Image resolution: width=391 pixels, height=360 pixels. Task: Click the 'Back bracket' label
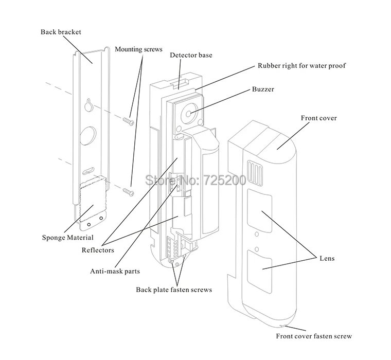(61, 32)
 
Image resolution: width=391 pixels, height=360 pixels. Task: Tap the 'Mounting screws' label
(138, 49)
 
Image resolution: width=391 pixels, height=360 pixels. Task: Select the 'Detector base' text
(191, 55)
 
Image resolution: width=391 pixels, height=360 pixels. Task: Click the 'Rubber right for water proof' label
(301, 65)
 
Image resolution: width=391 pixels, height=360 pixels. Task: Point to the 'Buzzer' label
(263, 89)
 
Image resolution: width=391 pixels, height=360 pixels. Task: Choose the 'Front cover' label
(318, 118)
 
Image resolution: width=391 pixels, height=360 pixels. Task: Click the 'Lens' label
(327, 258)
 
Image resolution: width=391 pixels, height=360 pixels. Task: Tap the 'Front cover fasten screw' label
(314, 336)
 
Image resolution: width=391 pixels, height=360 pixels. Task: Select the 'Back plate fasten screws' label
(174, 290)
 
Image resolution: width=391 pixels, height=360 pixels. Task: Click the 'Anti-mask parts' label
(115, 271)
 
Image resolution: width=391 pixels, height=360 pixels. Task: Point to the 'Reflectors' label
(98, 250)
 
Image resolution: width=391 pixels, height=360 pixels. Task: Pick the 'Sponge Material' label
(67, 237)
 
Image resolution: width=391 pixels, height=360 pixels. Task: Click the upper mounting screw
(129, 121)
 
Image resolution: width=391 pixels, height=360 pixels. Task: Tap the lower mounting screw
(129, 192)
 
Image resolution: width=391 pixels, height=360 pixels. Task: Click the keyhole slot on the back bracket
(88, 105)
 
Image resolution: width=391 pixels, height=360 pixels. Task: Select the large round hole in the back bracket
(88, 135)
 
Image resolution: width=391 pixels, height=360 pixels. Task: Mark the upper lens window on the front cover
(260, 211)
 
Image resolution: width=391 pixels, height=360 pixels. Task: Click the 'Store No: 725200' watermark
(195, 180)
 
